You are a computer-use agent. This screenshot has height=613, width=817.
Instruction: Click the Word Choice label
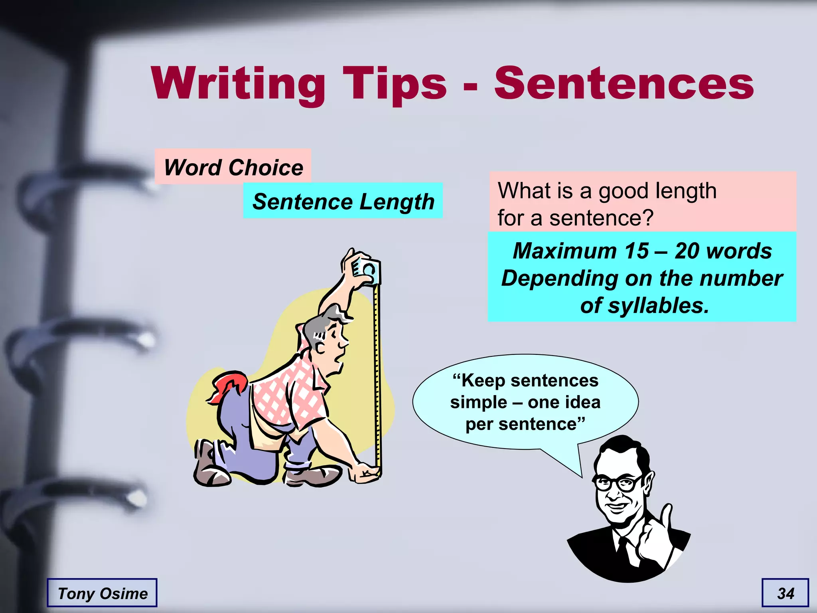pyautogui.click(x=233, y=167)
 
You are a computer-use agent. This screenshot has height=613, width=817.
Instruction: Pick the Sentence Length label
pyautogui.click(x=343, y=201)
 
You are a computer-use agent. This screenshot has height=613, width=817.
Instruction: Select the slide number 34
pyautogui.click(x=785, y=593)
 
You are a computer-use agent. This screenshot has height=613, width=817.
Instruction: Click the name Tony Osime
pyautogui.click(x=103, y=593)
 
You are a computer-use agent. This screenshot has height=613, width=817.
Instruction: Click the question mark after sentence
pyautogui.click(x=648, y=218)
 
